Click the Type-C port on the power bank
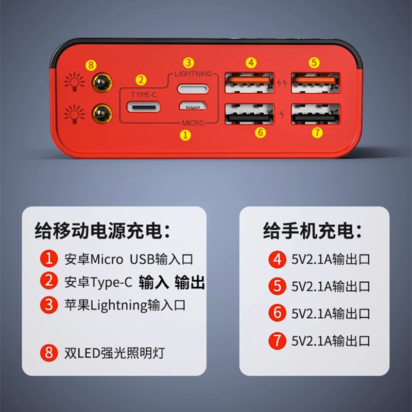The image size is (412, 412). pos(144,107)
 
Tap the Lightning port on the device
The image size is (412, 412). pos(193,89)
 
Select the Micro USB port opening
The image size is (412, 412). pos(193,106)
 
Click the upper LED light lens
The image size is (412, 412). pos(102,82)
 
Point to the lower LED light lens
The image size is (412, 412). pos(102,114)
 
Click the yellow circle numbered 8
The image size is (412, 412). pos(91,65)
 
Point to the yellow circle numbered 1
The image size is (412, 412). pos(185,135)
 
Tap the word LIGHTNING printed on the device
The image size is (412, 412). pos(193,74)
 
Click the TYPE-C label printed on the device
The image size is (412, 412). pos(144,95)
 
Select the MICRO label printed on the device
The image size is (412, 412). pos(193,123)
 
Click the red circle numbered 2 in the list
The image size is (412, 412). pos(49,281)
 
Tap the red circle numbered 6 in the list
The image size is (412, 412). pos(277,313)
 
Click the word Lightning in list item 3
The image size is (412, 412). pos(119,305)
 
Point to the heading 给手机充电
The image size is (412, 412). pos(313,231)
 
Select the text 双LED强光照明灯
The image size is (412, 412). pos(114,353)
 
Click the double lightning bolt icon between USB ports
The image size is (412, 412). pos(282,83)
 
